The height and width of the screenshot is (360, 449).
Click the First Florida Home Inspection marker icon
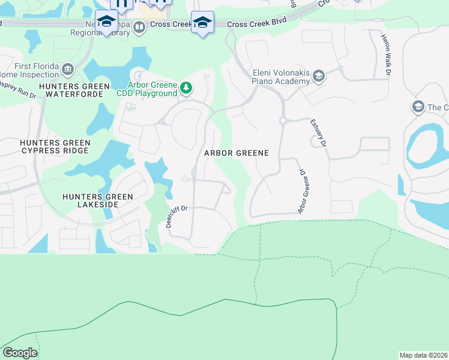click(x=67, y=69)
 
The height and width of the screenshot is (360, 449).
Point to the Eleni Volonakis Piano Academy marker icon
click(x=318, y=76)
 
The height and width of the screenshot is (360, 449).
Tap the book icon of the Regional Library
click(x=139, y=27)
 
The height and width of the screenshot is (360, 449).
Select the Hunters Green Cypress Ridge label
click(x=47, y=147)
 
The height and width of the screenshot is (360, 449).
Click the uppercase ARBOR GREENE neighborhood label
click(x=237, y=153)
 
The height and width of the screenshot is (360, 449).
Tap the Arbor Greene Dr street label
click(x=303, y=191)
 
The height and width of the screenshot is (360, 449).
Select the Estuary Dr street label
click(x=318, y=133)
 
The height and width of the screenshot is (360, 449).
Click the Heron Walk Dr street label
click(x=385, y=55)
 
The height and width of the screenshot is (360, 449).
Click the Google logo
click(x=20, y=353)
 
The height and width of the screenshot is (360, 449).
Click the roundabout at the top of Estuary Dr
click(x=282, y=121)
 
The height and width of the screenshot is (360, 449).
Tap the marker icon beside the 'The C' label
click(x=417, y=107)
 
